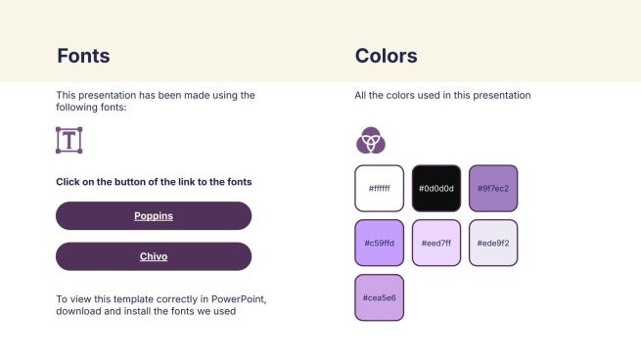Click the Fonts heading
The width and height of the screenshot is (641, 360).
point(83,56)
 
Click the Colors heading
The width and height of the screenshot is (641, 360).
point(386,56)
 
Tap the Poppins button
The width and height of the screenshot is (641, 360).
point(154,215)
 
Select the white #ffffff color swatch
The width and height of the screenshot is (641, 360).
point(379,188)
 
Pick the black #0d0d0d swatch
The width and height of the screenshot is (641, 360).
point(435,188)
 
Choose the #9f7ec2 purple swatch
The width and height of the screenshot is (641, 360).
point(493,188)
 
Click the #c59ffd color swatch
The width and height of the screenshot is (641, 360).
point(379,243)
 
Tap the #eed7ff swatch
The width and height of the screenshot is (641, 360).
point(435,243)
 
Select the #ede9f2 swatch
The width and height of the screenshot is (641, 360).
point(493,243)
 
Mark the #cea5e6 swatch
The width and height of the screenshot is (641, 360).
point(379,297)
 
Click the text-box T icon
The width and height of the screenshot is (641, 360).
point(69,140)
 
